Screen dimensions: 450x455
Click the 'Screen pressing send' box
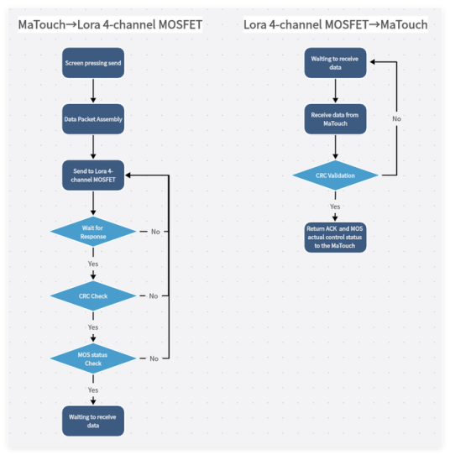93,63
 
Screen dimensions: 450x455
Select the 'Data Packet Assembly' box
93,119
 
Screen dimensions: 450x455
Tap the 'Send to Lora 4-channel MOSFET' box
93,175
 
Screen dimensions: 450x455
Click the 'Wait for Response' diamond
93,232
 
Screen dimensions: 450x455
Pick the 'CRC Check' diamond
93,296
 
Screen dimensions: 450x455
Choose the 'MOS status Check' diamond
93,358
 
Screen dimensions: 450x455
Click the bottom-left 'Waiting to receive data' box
93,421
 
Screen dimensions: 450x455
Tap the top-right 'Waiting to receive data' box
335,63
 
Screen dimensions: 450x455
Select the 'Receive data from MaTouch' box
335,119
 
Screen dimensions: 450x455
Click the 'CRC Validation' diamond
335,175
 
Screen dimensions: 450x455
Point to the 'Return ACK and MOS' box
335,238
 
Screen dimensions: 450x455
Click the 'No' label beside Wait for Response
155,232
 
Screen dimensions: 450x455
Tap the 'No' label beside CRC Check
154,296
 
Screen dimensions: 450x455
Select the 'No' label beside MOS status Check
154,359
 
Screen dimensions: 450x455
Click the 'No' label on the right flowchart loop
396,119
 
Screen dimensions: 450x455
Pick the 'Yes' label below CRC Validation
335,207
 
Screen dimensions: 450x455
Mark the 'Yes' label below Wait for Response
93,264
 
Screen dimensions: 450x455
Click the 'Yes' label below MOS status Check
93,390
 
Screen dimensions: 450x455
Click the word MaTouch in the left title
42,24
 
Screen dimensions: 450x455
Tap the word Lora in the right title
255,24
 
